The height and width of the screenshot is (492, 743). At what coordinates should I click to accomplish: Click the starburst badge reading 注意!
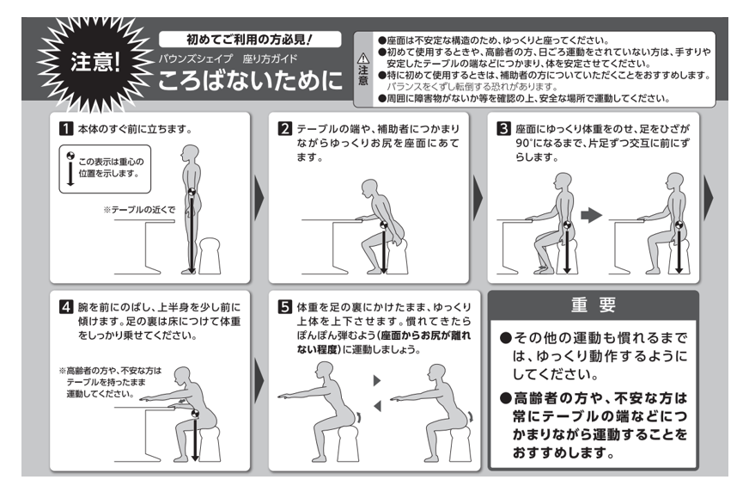[94, 63]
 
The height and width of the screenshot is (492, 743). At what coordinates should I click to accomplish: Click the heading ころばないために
[250, 80]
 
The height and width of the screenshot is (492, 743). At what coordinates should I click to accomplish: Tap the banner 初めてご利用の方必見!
[250, 40]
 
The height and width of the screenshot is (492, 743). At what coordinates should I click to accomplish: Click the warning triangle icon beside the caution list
[363, 58]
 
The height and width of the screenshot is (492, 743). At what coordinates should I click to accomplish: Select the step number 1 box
[66, 128]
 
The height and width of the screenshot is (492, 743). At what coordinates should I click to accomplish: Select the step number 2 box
[285, 128]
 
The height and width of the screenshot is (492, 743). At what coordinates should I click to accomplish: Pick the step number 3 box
[503, 128]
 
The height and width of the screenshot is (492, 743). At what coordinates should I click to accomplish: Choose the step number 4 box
[66, 307]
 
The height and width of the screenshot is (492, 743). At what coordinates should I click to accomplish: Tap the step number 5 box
[285, 307]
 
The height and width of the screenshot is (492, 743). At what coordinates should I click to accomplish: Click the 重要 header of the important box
[594, 304]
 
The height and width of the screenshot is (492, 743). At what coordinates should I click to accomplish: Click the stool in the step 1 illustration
[209, 256]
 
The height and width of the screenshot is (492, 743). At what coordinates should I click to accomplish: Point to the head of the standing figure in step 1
[191, 153]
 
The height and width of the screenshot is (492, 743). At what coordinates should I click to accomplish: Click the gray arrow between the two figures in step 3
[591, 215]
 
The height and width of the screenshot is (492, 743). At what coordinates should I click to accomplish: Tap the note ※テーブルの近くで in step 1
[139, 209]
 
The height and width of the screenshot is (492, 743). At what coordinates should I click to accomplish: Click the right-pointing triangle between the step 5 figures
[377, 380]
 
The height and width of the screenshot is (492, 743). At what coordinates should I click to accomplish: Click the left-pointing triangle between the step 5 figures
[377, 406]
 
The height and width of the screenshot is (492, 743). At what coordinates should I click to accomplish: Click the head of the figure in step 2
[369, 188]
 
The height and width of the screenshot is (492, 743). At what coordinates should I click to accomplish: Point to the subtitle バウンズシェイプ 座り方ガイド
[228, 58]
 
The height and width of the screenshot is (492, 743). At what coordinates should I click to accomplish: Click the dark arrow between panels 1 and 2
[259, 198]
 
